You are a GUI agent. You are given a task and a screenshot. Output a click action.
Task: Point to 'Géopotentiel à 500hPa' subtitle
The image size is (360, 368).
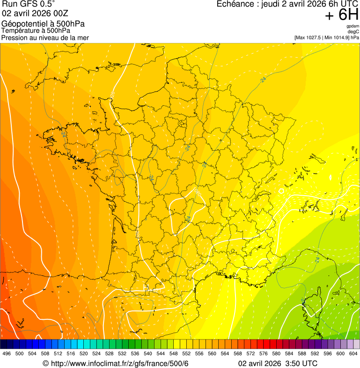pyautogui.click(x=43, y=24)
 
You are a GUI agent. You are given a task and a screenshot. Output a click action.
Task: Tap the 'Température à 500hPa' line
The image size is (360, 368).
pyautogui.click(x=36, y=30)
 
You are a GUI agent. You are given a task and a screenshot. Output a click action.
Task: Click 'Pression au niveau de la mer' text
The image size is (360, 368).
pyautogui.click(x=45, y=37)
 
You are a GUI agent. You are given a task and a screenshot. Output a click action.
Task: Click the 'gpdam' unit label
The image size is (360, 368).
pyautogui.click(x=353, y=26)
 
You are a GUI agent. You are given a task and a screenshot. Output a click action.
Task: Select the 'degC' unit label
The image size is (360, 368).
pyautogui.click(x=353, y=32)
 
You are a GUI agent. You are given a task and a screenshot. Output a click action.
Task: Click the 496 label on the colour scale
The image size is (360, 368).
pyautogui.click(x=7, y=353)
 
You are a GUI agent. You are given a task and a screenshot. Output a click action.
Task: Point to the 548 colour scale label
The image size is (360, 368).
pyautogui.click(x=174, y=353)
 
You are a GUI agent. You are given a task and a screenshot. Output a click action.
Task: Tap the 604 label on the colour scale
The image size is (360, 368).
pyautogui.click(x=353, y=353)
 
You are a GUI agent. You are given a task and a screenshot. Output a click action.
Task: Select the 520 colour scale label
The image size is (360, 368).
pyautogui.click(x=84, y=353)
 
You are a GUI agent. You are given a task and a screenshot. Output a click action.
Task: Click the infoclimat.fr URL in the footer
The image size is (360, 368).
pyautogui.click(x=119, y=364)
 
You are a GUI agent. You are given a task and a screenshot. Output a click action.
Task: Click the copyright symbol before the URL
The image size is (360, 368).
pyautogui.click(x=45, y=364)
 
